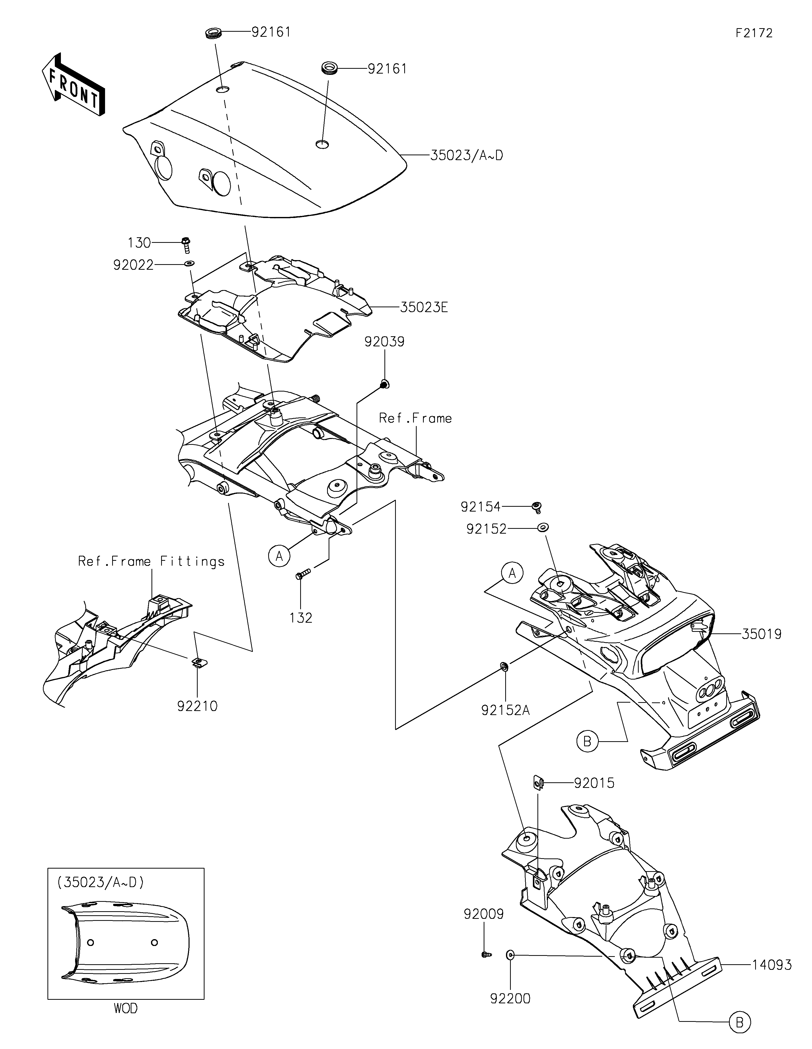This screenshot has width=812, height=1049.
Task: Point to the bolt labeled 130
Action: pos(186,244)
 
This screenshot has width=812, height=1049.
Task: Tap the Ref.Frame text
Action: pos(415,418)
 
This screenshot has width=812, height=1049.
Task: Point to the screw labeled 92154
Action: pos(537,507)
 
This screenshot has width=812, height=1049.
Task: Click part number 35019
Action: pos(762,634)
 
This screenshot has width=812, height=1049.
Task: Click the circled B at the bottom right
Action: pos(739,1033)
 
